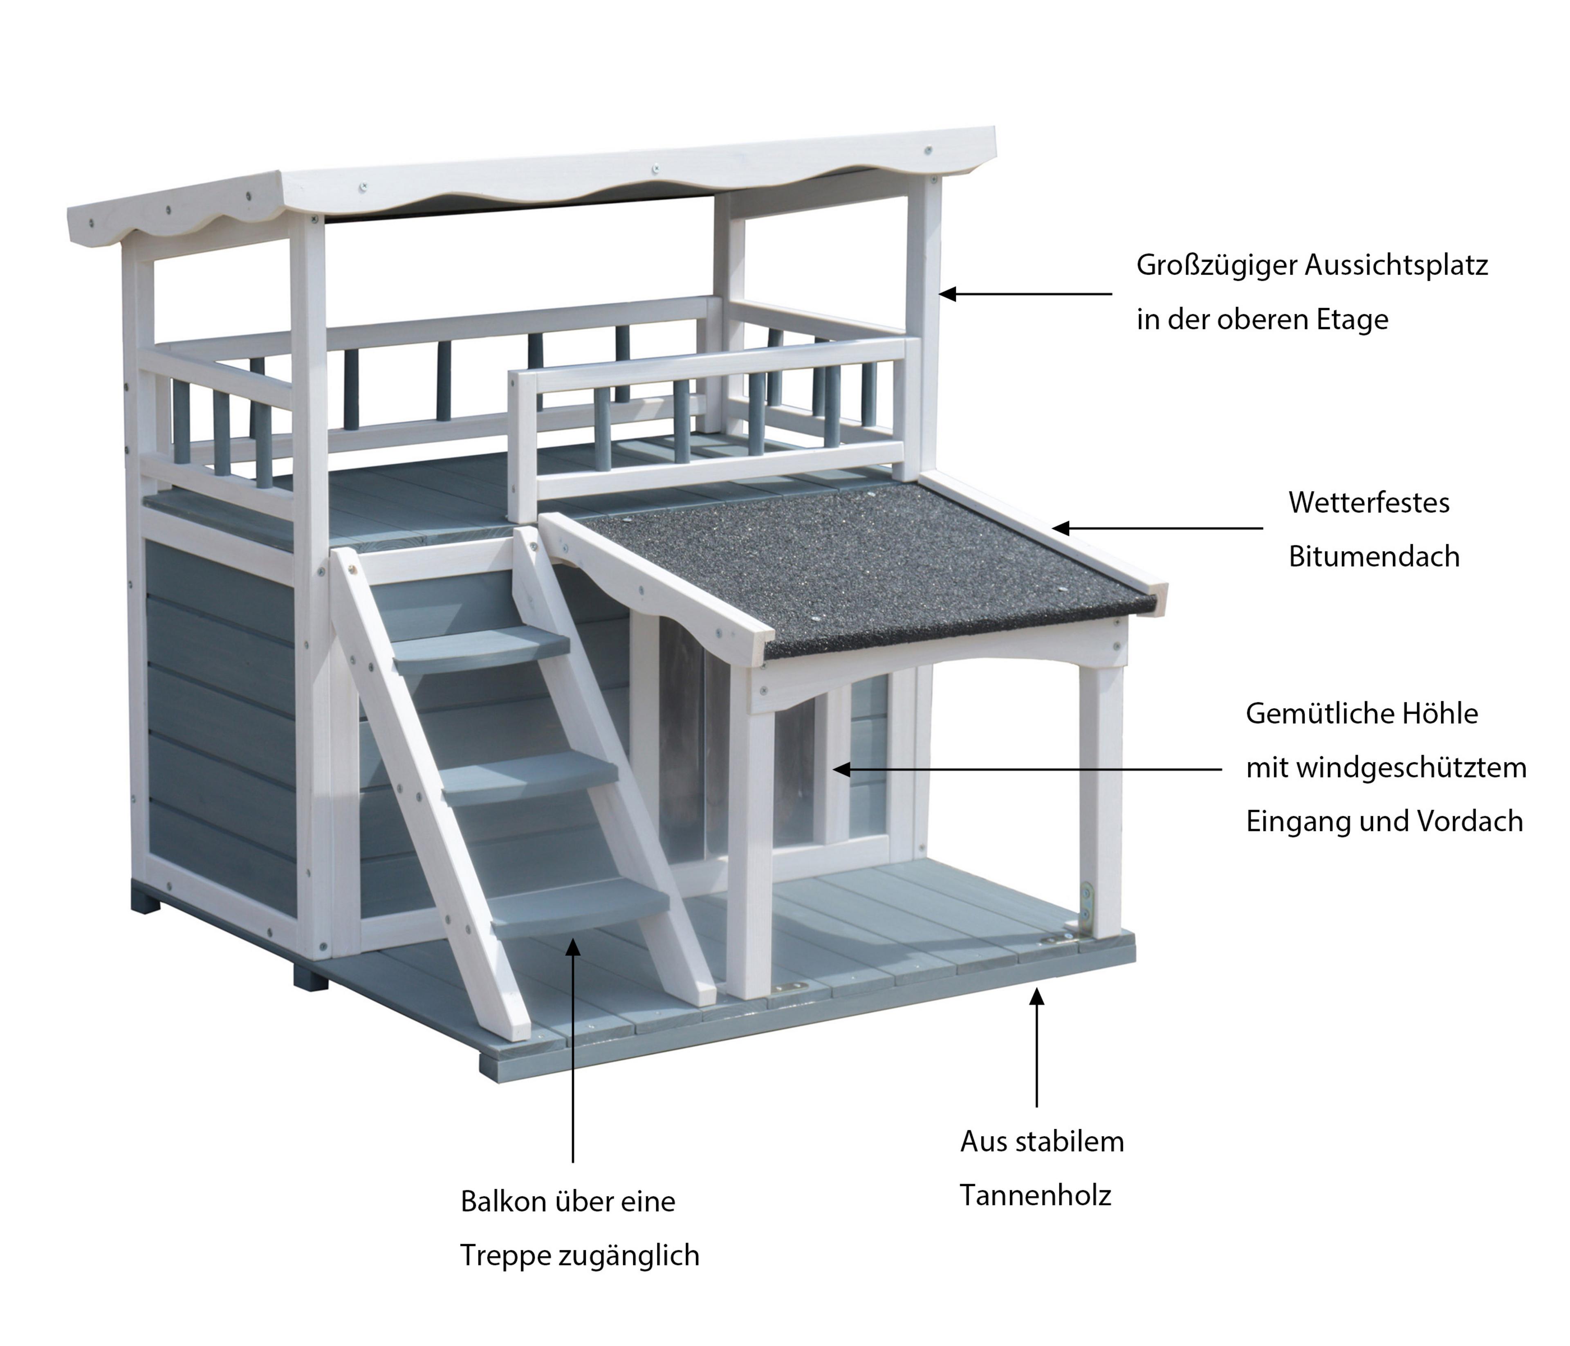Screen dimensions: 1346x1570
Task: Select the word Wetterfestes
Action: [x=1368, y=503]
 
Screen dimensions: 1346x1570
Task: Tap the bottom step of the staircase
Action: [x=581, y=906]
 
